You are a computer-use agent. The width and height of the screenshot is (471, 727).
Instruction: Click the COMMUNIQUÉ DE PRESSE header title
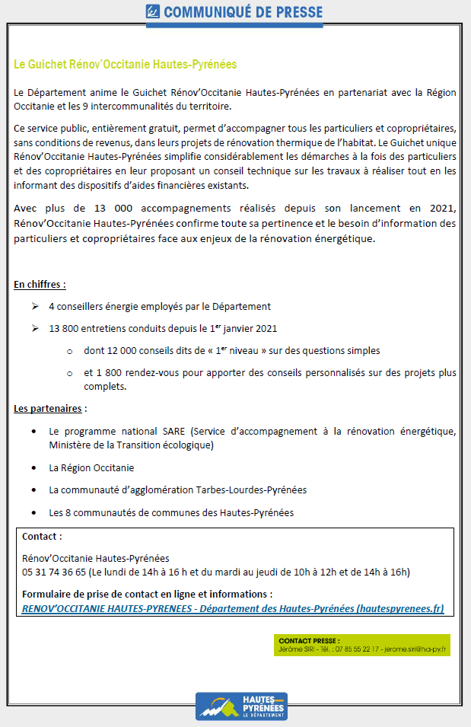coord(243,12)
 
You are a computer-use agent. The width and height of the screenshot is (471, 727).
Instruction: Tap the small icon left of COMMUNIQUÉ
coord(153,11)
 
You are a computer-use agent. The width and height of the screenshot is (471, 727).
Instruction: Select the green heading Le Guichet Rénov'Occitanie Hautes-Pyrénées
coord(126,65)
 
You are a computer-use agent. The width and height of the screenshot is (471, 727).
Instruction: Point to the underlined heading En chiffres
coord(40,285)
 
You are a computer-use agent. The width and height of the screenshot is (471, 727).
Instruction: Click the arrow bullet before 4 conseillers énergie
coord(35,306)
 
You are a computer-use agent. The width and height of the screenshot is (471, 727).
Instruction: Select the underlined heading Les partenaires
coord(48,409)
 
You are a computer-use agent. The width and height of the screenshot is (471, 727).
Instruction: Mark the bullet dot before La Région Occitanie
coord(35,467)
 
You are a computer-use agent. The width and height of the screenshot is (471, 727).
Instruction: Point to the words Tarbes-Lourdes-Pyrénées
coord(252,489)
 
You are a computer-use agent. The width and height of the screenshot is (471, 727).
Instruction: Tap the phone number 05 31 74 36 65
coord(54,572)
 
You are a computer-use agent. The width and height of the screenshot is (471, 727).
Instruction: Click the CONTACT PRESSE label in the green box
coord(309,641)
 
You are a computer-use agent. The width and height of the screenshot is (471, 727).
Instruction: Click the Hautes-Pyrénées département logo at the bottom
coord(241,706)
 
